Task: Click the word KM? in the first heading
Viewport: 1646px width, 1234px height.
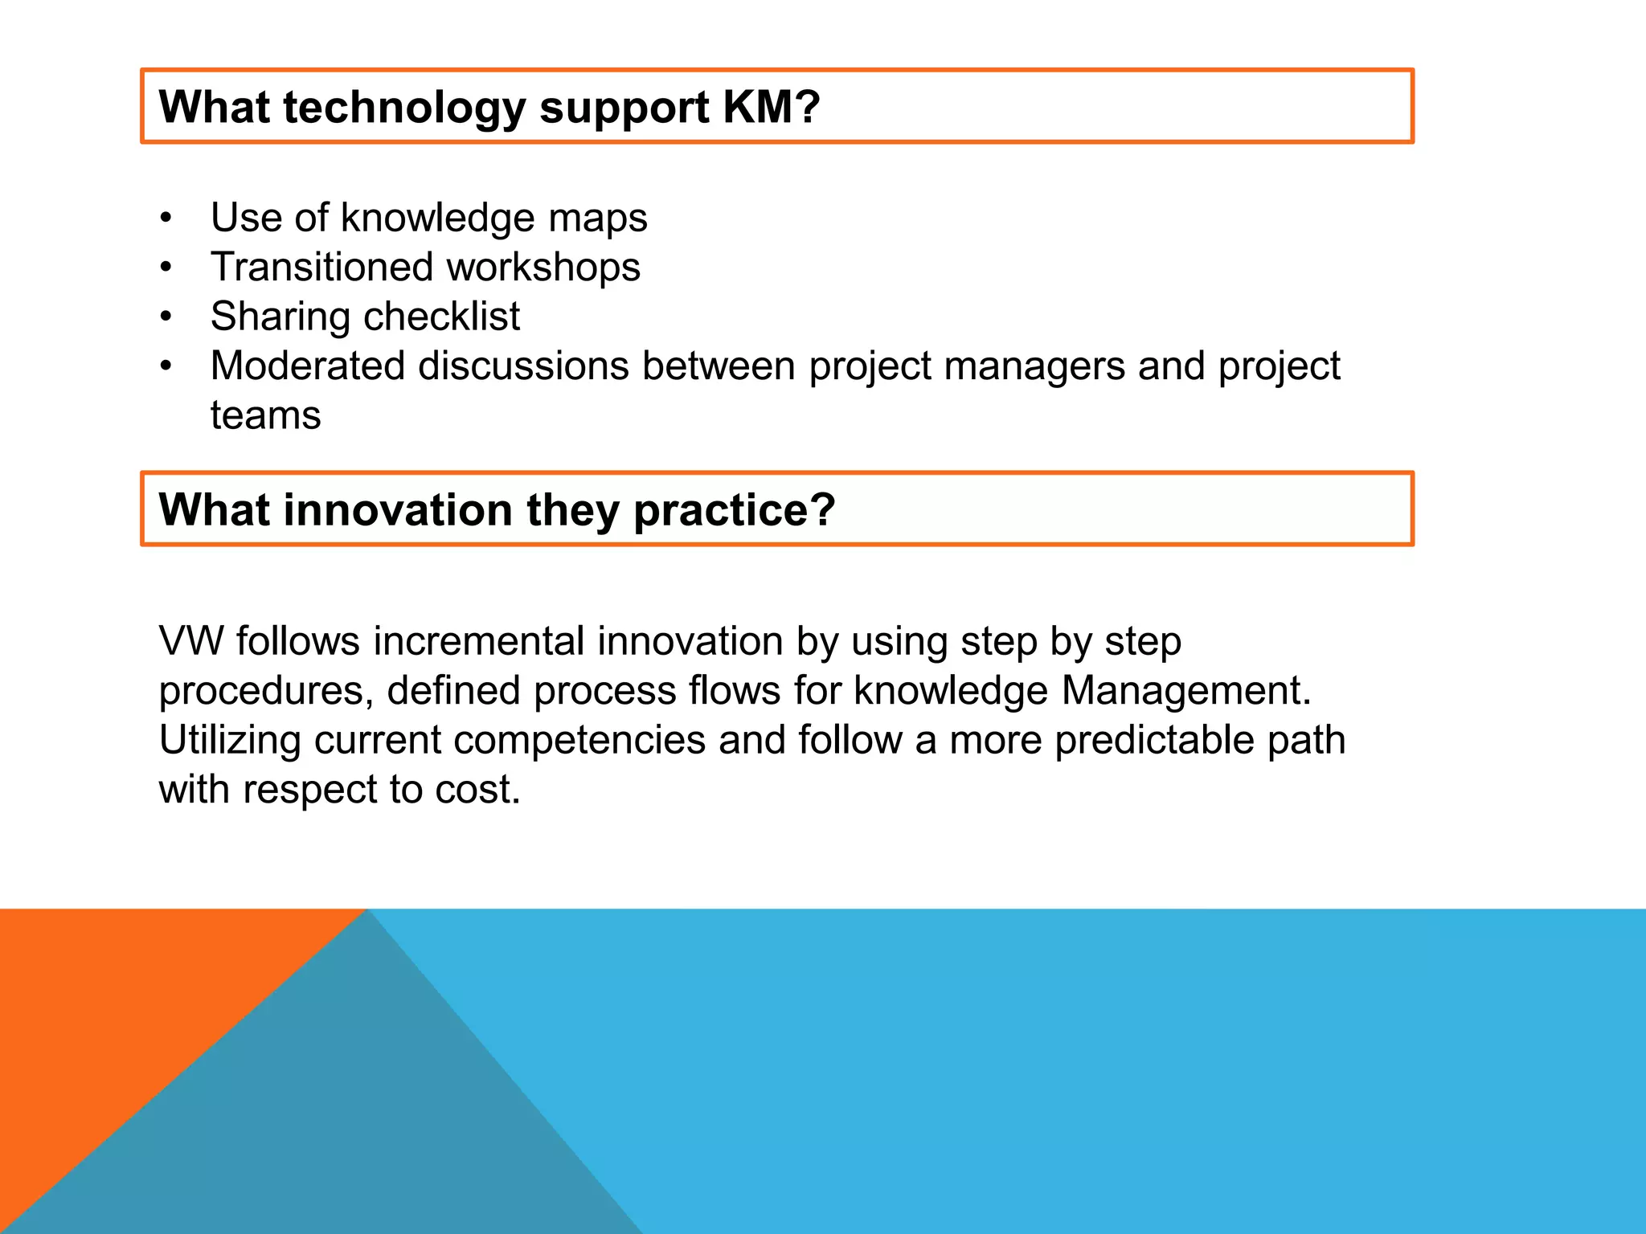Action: [771, 107]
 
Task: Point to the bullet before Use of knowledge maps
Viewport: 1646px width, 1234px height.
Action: [166, 218]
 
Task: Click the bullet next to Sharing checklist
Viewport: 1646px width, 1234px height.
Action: [166, 317]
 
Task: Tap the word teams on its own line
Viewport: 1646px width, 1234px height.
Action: [265, 416]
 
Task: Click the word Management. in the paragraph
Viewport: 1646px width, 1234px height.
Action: [1185, 691]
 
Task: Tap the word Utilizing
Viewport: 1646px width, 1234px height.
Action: [230, 741]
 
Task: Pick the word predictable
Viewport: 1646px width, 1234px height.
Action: [1154, 741]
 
